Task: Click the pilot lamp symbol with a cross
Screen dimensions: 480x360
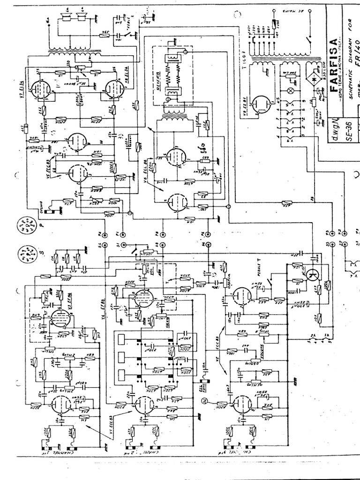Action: coord(290,89)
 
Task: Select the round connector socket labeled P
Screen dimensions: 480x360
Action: coord(27,226)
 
